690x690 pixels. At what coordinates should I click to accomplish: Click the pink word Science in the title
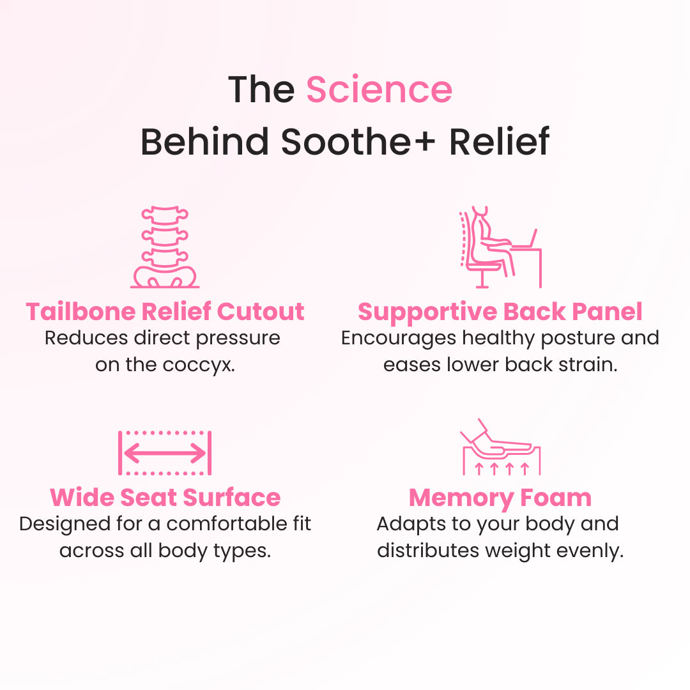[x=379, y=89]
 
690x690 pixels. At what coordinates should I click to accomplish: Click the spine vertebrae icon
[x=165, y=247]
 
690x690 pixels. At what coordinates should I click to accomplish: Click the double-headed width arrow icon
[x=165, y=454]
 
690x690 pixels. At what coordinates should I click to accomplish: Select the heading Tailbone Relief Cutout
[x=165, y=312]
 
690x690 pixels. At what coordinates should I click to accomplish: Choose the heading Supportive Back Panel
[x=500, y=312]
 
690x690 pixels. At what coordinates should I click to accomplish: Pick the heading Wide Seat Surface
[x=165, y=498]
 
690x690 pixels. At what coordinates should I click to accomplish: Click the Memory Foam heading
[x=500, y=498]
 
